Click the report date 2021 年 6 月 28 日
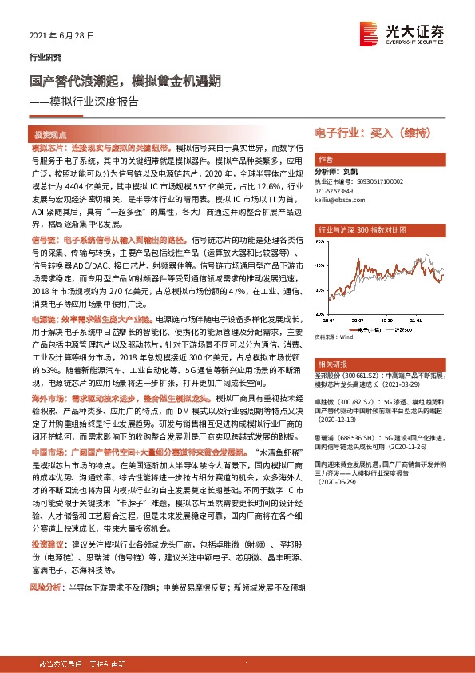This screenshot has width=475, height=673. [x=61, y=36]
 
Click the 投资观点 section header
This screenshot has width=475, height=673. [x=49, y=136]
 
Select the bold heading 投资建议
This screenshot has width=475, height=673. [x=45, y=543]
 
